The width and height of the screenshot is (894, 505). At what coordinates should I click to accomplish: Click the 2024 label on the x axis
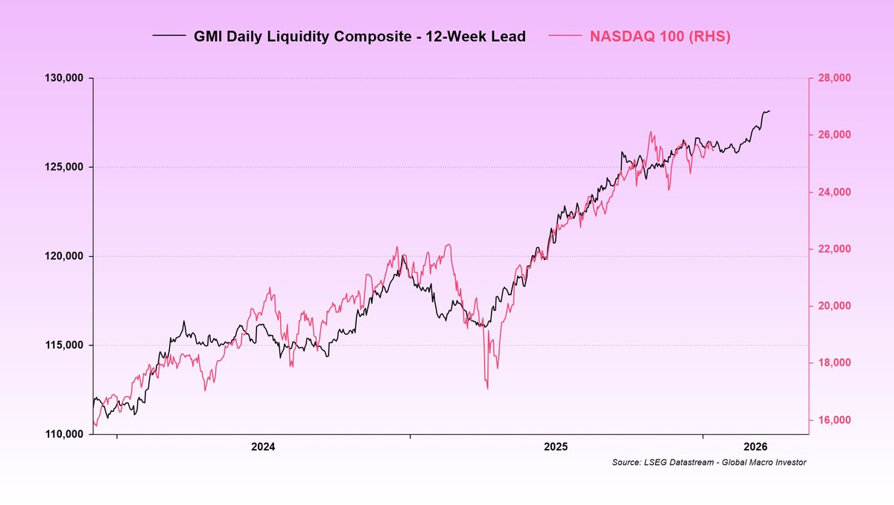click(x=263, y=447)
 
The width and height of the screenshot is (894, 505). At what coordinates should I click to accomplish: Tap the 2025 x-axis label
click(x=556, y=447)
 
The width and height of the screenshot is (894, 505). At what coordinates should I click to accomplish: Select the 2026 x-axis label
click(x=755, y=447)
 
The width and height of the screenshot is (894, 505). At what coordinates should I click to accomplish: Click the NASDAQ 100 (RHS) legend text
click(x=660, y=37)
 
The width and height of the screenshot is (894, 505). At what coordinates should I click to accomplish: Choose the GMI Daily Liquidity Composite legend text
click(x=360, y=37)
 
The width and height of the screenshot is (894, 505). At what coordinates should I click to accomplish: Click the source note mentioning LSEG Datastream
click(x=708, y=463)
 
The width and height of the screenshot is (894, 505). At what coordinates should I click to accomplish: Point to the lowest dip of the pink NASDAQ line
click(x=487, y=388)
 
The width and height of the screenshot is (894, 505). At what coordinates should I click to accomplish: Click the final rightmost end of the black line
click(x=770, y=110)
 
